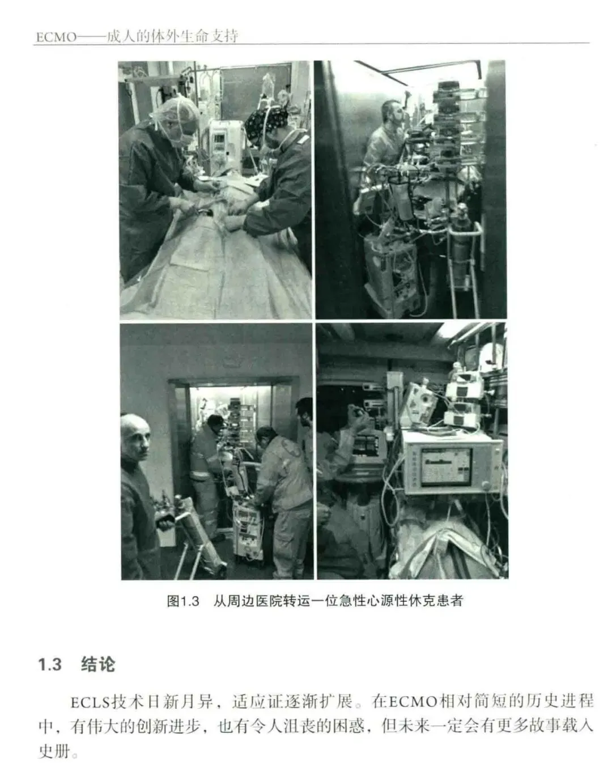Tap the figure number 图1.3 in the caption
pos(183,601)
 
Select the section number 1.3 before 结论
pos(50,664)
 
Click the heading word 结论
pos(98,664)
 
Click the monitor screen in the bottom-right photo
pos(446,466)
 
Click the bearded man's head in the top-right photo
pos(393,114)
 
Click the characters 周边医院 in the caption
pos(254,601)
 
